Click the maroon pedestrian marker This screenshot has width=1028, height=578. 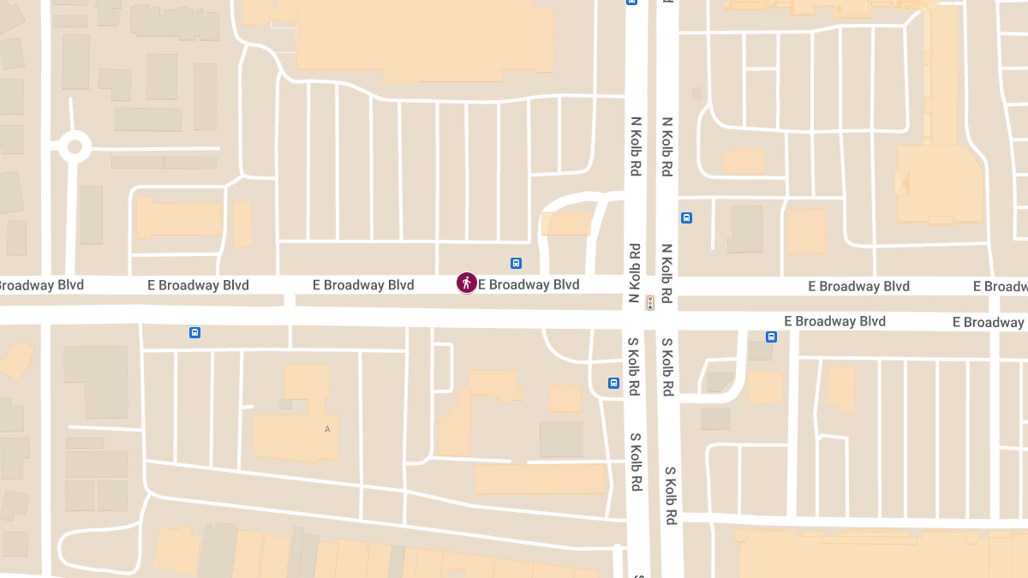[467, 283]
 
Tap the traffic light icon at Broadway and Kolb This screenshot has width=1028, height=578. [650, 302]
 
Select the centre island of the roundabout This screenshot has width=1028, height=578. [75, 146]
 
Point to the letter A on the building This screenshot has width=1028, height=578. [326, 429]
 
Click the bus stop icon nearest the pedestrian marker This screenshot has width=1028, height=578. [516, 263]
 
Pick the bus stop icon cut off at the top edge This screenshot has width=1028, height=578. [631, 3]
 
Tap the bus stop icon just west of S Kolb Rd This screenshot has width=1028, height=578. [613, 383]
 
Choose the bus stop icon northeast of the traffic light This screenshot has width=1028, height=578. [686, 217]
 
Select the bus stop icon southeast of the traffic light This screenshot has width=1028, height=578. [771, 337]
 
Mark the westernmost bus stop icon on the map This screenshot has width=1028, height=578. [194, 332]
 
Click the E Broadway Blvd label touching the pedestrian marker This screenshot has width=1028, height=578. [529, 284]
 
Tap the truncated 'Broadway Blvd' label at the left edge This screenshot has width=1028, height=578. [41, 284]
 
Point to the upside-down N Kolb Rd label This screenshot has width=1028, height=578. [635, 273]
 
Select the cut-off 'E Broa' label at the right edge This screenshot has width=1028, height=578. [1001, 286]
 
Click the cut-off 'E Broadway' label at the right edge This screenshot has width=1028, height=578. [989, 322]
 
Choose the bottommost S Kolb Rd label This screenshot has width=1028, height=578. [670, 497]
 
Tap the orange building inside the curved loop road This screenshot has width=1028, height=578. [566, 224]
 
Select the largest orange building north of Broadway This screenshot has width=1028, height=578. [425, 39]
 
